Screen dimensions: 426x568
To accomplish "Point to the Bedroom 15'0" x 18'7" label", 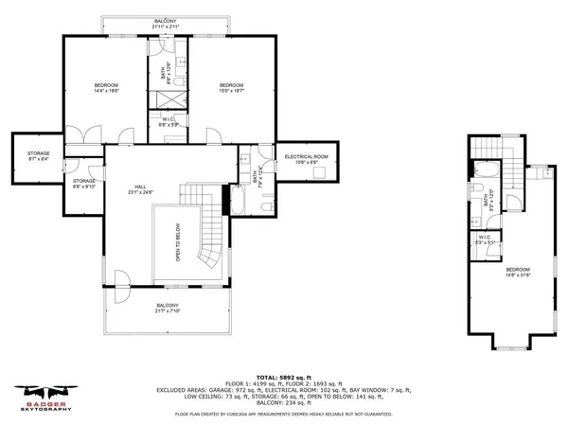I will [233, 88].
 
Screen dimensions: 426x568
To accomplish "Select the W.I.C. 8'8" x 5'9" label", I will [165, 122].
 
